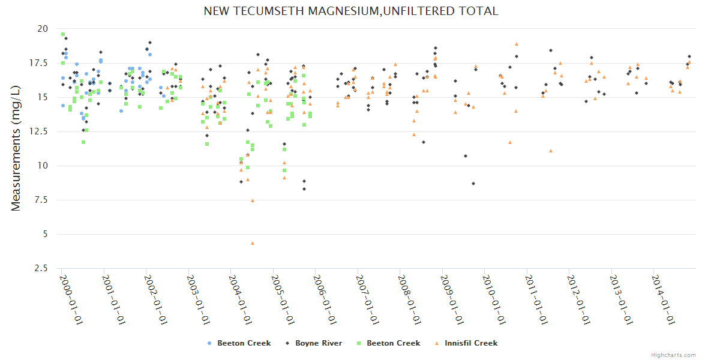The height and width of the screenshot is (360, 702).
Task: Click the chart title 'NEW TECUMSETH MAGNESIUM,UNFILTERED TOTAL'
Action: [350, 11]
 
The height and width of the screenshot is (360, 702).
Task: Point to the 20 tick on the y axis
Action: [42, 29]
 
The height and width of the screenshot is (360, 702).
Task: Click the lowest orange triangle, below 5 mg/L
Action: [253, 243]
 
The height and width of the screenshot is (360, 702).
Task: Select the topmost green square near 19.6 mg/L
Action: [63, 34]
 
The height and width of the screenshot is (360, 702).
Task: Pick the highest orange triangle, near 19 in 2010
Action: [516, 44]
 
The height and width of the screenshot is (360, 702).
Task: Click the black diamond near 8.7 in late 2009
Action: [473, 184]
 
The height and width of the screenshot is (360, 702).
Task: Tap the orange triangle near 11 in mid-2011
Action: [551, 151]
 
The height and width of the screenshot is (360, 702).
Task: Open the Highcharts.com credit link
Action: [673, 355]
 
